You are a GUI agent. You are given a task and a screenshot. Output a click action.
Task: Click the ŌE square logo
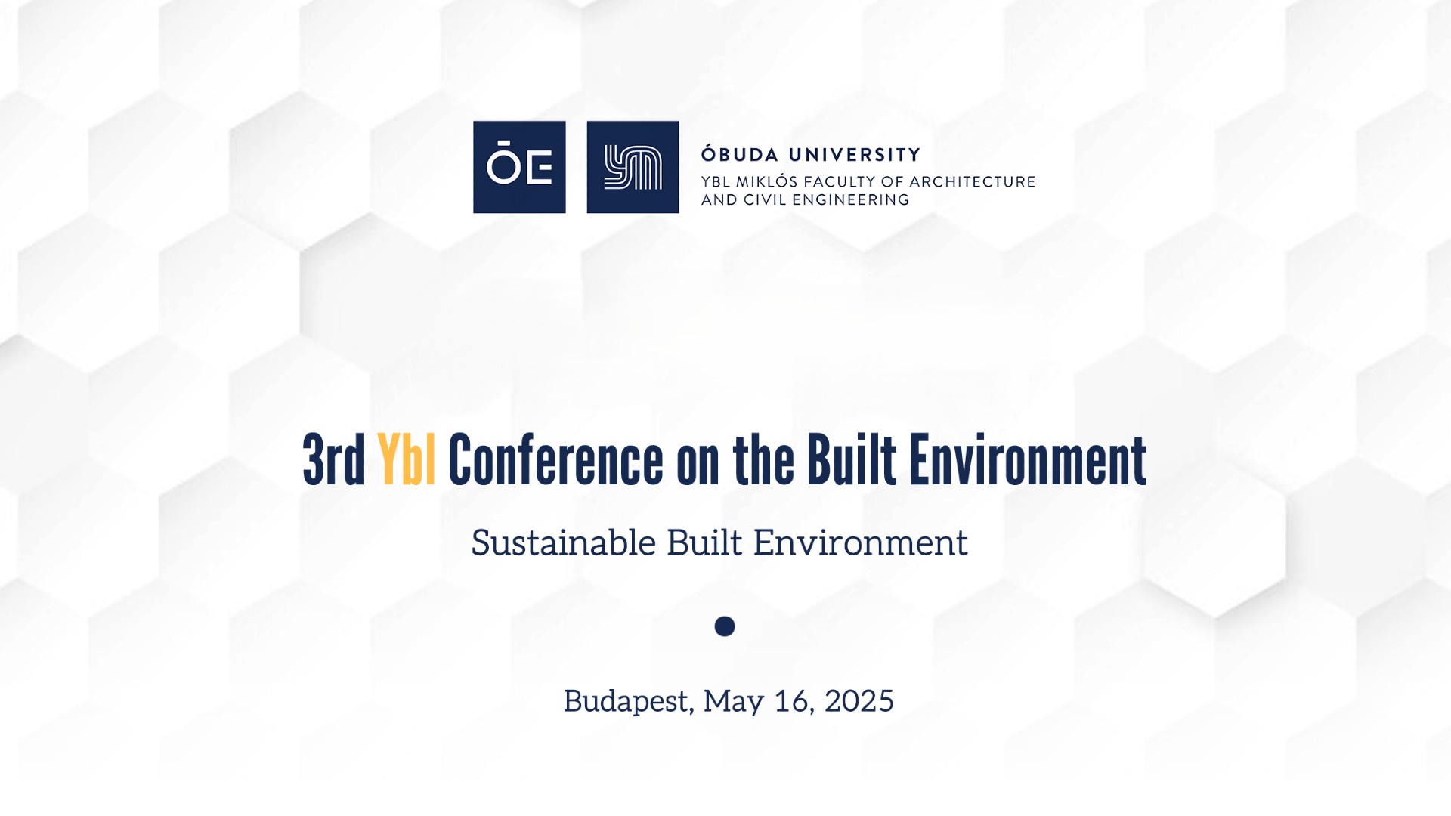[519, 167]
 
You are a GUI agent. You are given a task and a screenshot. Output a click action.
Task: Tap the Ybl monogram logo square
[633, 167]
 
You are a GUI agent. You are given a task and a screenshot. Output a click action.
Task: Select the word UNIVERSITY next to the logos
[855, 155]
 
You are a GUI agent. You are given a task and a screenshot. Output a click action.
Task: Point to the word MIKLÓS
[766, 181]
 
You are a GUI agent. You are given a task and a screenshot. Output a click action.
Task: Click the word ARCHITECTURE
[973, 182]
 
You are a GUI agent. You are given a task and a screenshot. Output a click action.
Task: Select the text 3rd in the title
[334, 459]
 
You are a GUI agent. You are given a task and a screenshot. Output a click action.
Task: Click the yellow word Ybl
[407, 459]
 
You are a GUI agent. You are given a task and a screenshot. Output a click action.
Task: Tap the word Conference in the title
[555, 459]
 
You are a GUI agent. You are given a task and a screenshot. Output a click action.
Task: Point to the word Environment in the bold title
[1028, 459]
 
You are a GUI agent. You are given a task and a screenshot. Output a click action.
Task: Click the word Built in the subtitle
[704, 542]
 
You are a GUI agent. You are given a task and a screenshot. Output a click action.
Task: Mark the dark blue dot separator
[725, 626]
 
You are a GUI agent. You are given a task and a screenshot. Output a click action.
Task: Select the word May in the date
[733, 702]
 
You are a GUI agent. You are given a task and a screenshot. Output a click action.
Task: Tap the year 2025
[859, 701]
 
